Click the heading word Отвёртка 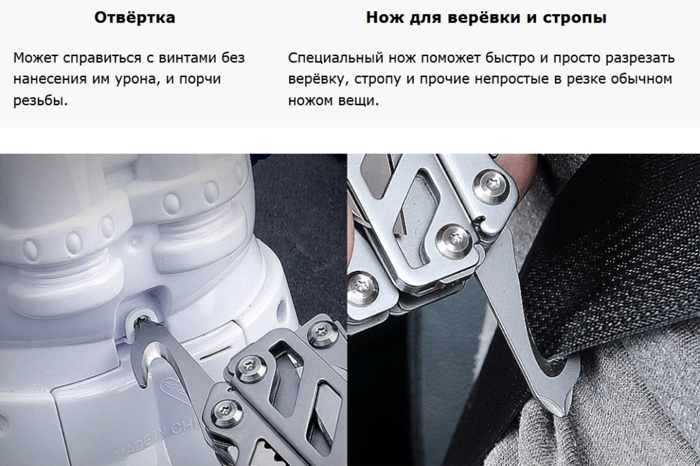135,17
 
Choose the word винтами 187,58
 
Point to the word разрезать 640,58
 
